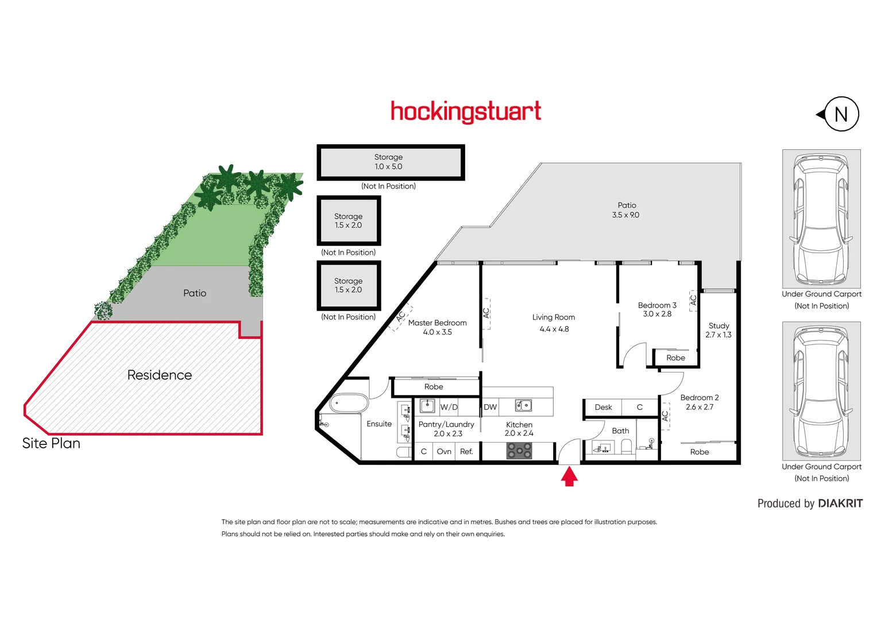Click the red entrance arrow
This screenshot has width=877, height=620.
pos(569,477)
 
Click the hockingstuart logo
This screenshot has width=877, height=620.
pos(466,112)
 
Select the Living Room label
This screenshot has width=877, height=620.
pos(554,317)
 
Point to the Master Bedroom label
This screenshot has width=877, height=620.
pos(437,323)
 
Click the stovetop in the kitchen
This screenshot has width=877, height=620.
pos(519,451)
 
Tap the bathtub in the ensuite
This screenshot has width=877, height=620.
pos(349,403)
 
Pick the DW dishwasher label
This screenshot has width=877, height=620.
pos(490,407)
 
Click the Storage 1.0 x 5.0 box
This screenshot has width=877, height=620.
pos(391,162)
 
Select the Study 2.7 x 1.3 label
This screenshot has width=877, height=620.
pos(719,330)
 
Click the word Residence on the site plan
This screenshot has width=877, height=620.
pos(160,375)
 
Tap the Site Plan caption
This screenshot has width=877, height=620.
pos(51,443)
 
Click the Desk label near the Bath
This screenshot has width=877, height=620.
pos(603,407)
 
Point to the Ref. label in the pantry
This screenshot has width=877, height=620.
pos(466,451)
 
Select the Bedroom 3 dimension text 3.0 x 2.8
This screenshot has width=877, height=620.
pos(657,314)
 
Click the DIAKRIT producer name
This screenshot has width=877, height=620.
pos(840,503)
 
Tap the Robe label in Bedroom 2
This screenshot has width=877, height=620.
pos(700,452)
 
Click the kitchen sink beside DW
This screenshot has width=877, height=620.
pos(523,405)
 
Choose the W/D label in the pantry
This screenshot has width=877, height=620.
pos(449,407)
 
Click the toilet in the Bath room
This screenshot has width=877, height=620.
pos(627,446)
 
